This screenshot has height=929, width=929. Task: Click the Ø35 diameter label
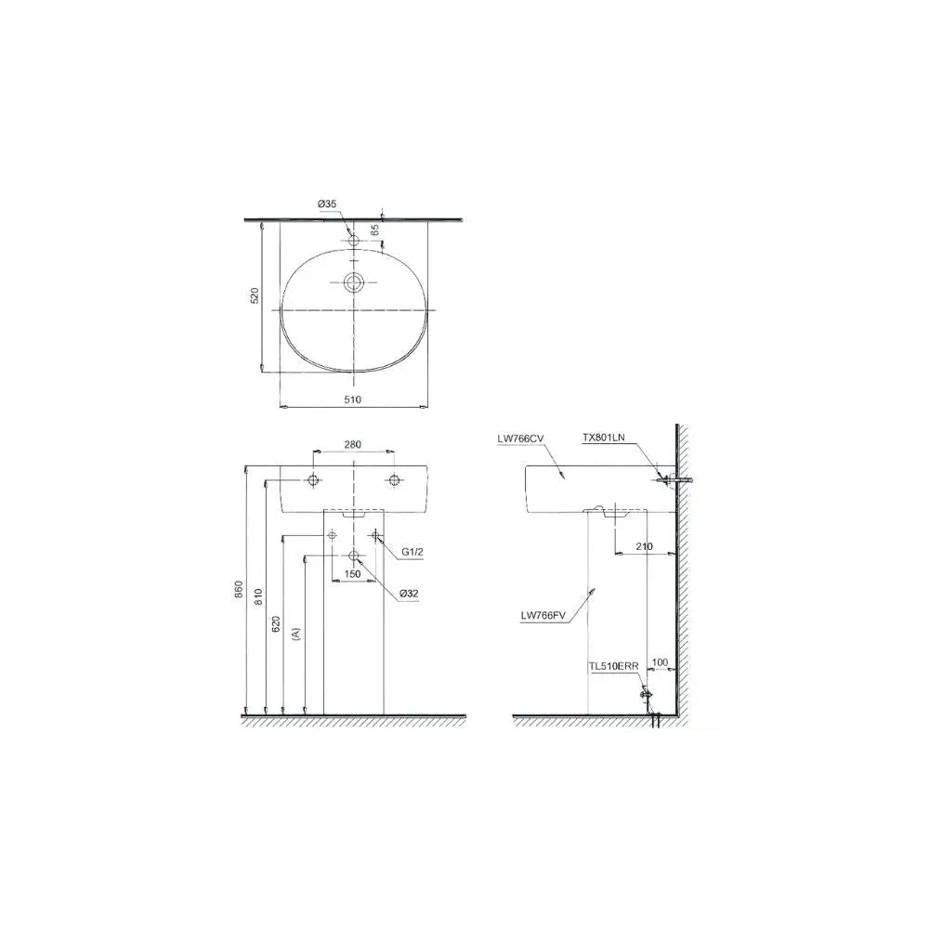click(x=327, y=203)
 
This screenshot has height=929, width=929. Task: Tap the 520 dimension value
click(x=255, y=295)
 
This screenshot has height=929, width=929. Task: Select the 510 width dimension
click(x=352, y=399)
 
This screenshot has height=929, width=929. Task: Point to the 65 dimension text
click(x=375, y=229)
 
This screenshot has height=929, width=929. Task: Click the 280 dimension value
click(x=352, y=444)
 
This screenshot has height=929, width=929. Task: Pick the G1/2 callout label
click(x=412, y=552)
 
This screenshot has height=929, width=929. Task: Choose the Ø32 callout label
click(x=409, y=593)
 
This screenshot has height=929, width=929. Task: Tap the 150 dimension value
click(x=352, y=574)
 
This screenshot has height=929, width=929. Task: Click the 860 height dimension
click(x=240, y=590)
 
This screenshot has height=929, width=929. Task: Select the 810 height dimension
click(x=258, y=596)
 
